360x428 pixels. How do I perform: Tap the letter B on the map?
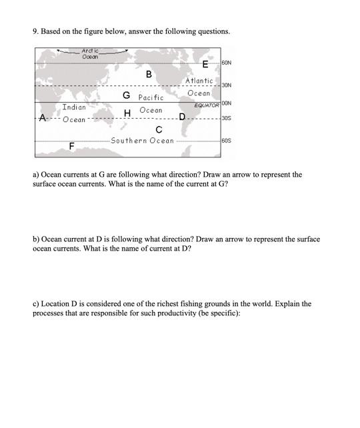(149, 73)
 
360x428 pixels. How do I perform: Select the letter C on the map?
(159, 129)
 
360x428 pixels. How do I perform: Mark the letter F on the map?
(71, 145)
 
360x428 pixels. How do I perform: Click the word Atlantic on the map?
(199, 81)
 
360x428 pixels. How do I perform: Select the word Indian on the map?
(73, 107)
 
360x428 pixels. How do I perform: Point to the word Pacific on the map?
(151, 98)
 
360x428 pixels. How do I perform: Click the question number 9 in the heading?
(35, 31)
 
